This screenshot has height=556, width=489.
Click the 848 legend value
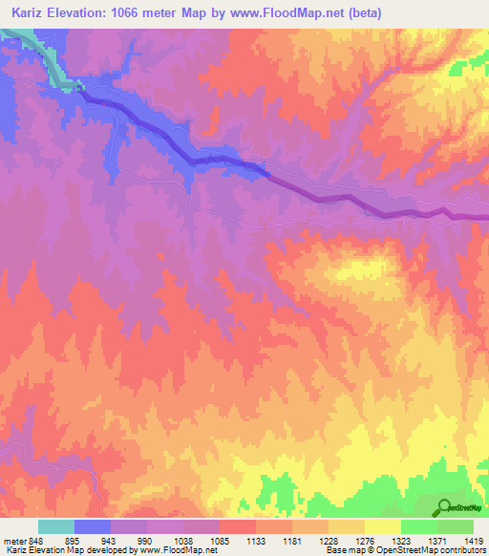pos(38,539)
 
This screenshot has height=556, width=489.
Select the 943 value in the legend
pos(111,539)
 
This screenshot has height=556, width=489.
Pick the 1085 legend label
pos(221,539)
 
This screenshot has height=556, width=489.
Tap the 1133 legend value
pos(257,539)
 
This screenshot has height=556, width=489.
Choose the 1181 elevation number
pos(293,539)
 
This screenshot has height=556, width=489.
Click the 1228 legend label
pos(330,539)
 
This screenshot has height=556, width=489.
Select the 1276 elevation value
pos(366,539)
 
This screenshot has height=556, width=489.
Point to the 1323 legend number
pos(402,539)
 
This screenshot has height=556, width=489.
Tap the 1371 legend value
pos(438,539)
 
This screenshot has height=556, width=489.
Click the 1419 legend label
pos(473,539)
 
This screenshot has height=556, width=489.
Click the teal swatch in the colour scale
pos(56,526)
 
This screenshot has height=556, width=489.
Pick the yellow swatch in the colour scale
pos(383,526)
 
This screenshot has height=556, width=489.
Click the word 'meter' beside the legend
pos(14,539)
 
